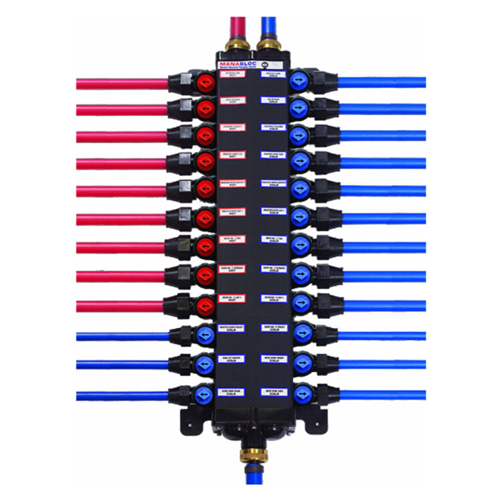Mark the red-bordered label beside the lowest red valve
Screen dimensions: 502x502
click(232, 298)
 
